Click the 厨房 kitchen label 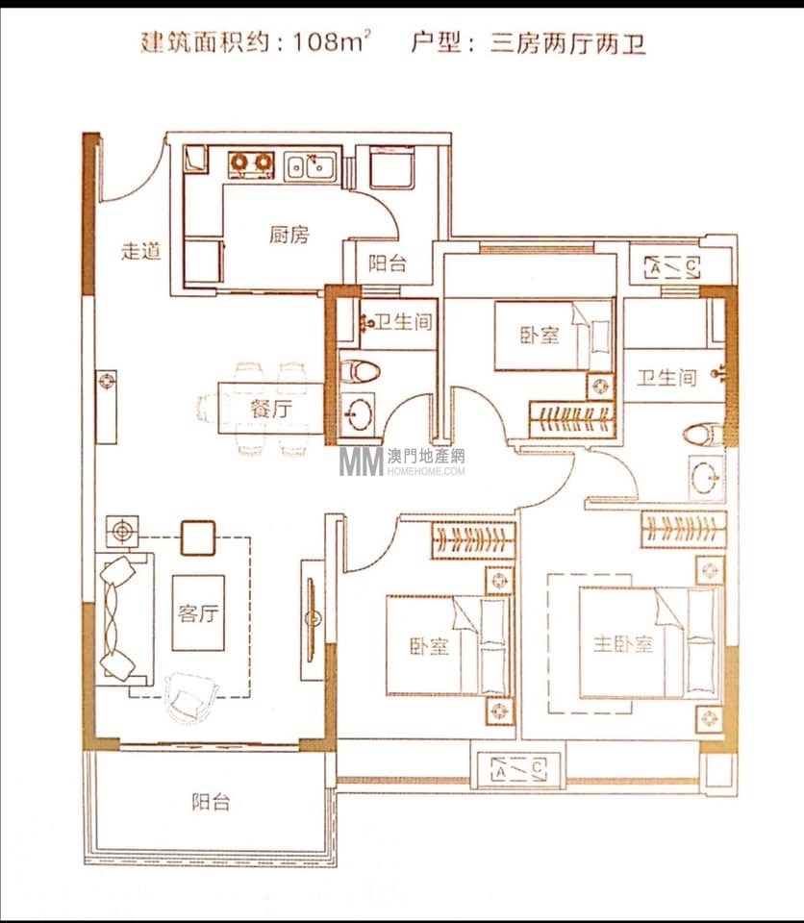tap(289, 236)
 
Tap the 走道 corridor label tap(140, 251)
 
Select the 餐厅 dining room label tap(271, 408)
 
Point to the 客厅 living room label tap(198, 613)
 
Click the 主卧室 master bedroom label tap(623, 644)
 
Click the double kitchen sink tap(311, 166)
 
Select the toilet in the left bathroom tap(360, 371)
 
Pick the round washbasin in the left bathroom tap(358, 413)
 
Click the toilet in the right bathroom tap(703, 435)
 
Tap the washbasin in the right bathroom tap(706, 478)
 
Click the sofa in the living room tap(124, 618)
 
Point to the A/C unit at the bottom tap(519, 769)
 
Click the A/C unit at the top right tap(672, 268)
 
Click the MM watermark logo tap(361, 461)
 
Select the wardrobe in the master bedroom tap(683, 529)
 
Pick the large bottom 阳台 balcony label tap(211, 802)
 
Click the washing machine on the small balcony tap(391, 167)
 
